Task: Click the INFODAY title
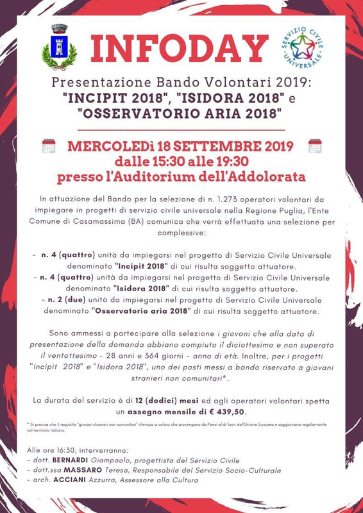(179, 50)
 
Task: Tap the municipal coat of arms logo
(59, 47)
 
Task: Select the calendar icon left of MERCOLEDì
(49, 146)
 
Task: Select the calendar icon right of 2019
(314, 146)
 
